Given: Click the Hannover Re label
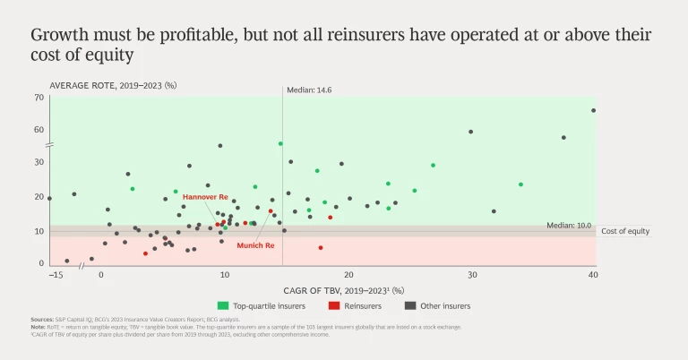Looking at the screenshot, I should pos(205,196).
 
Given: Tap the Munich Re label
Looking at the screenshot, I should pos(255,244).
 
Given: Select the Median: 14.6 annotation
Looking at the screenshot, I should pos(309,90).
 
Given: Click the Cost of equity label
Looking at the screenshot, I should pos(625,231).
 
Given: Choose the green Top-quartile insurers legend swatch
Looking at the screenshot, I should pos(223,305).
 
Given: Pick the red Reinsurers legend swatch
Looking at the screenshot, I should pos(332,305).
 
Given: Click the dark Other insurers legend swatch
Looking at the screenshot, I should pos(411,305).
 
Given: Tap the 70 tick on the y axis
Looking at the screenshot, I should pos(39,97).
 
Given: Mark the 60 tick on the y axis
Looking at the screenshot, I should pos(39,129).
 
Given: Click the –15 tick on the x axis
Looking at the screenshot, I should pos(56,275).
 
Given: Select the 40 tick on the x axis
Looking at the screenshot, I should pos(593,275).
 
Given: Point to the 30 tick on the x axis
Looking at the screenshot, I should pos(469,275).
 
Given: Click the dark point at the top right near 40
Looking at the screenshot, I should pos(593,111).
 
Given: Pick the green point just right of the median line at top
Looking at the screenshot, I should pos(280,143).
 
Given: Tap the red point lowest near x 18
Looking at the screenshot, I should pos(320,248).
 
